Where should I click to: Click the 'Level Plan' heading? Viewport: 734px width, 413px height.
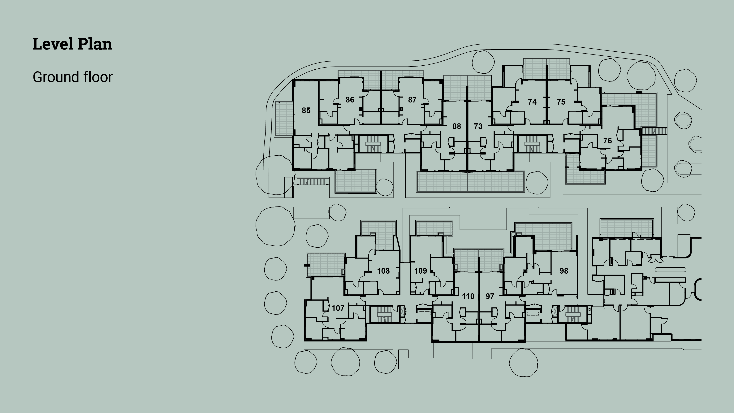coord(72,44)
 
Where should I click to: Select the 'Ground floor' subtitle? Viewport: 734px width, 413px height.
coord(73,77)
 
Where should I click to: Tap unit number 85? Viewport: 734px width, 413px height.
coord(306,110)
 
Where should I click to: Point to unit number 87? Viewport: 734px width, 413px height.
coord(412,99)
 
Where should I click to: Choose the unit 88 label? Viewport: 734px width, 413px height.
coord(456,126)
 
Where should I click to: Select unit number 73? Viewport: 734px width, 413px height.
coord(478,126)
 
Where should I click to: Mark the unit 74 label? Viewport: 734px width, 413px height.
coord(532,102)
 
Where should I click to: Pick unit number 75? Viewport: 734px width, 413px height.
coord(561,102)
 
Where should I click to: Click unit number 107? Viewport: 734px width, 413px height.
coord(338,308)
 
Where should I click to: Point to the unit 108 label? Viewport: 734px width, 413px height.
coord(383,271)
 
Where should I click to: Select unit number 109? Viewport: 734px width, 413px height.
coord(420,271)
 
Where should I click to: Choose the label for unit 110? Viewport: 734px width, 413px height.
coord(468,296)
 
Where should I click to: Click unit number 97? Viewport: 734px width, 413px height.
coord(490,296)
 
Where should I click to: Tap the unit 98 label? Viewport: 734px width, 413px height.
coord(564,271)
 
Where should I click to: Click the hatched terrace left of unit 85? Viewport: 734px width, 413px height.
coord(284,119)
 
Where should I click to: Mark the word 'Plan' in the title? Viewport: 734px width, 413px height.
coord(95,44)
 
